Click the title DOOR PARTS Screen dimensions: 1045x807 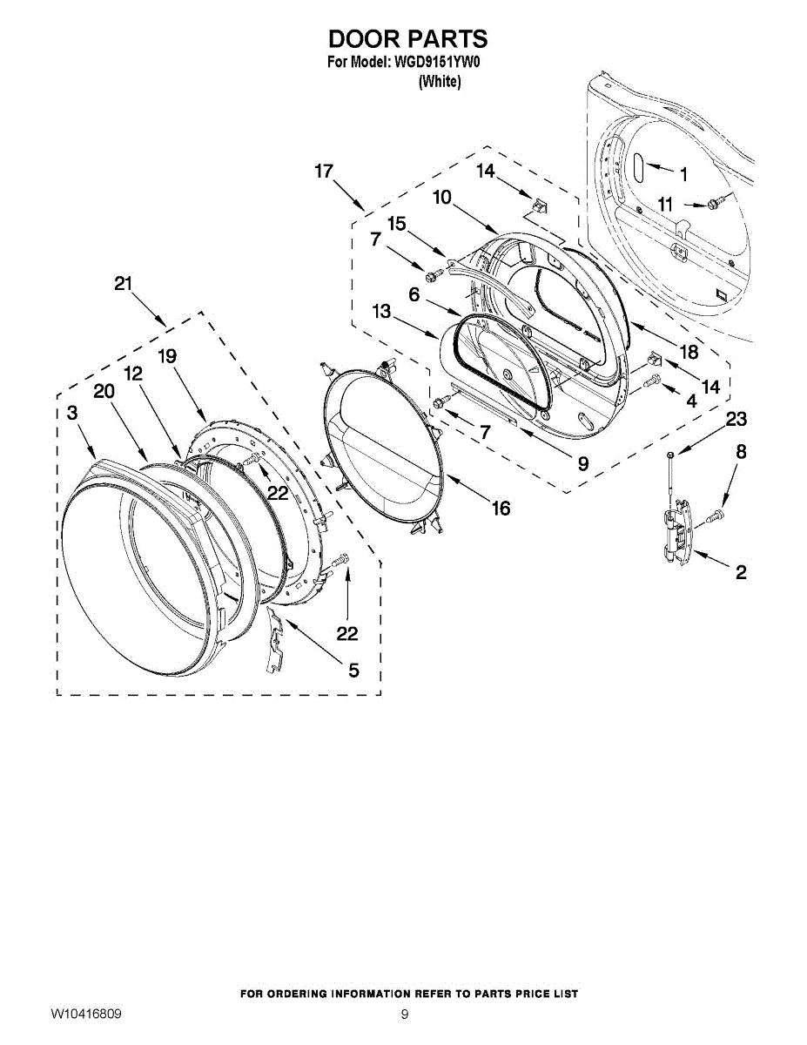pyautogui.click(x=407, y=39)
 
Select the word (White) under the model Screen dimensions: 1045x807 pyautogui.click(x=440, y=81)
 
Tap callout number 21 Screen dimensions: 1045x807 pyautogui.click(x=124, y=284)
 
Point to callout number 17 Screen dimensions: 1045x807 pyautogui.click(x=324, y=172)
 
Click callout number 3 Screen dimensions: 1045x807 pyautogui.click(x=72, y=413)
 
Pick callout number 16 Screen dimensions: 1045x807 pyautogui.click(x=501, y=509)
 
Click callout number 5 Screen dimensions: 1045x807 pyautogui.click(x=353, y=670)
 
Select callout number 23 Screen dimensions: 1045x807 pyautogui.click(x=736, y=420)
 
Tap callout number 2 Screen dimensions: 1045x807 pyautogui.click(x=741, y=572)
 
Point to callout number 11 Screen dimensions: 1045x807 pyautogui.click(x=666, y=205)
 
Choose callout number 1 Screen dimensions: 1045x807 pyautogui.click(x=683, y=174)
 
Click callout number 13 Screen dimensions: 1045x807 pyautogui.click(x=380, y=312)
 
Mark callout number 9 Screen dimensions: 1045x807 pyautogui.click(x=582, y=463)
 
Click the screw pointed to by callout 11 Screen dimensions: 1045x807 pyautogui.click(x=714, y=204)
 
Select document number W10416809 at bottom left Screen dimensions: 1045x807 pyautogui.click(x=85, y=1015)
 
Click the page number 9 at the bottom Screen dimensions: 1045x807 pyautogui.click(x=405, y=1015)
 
